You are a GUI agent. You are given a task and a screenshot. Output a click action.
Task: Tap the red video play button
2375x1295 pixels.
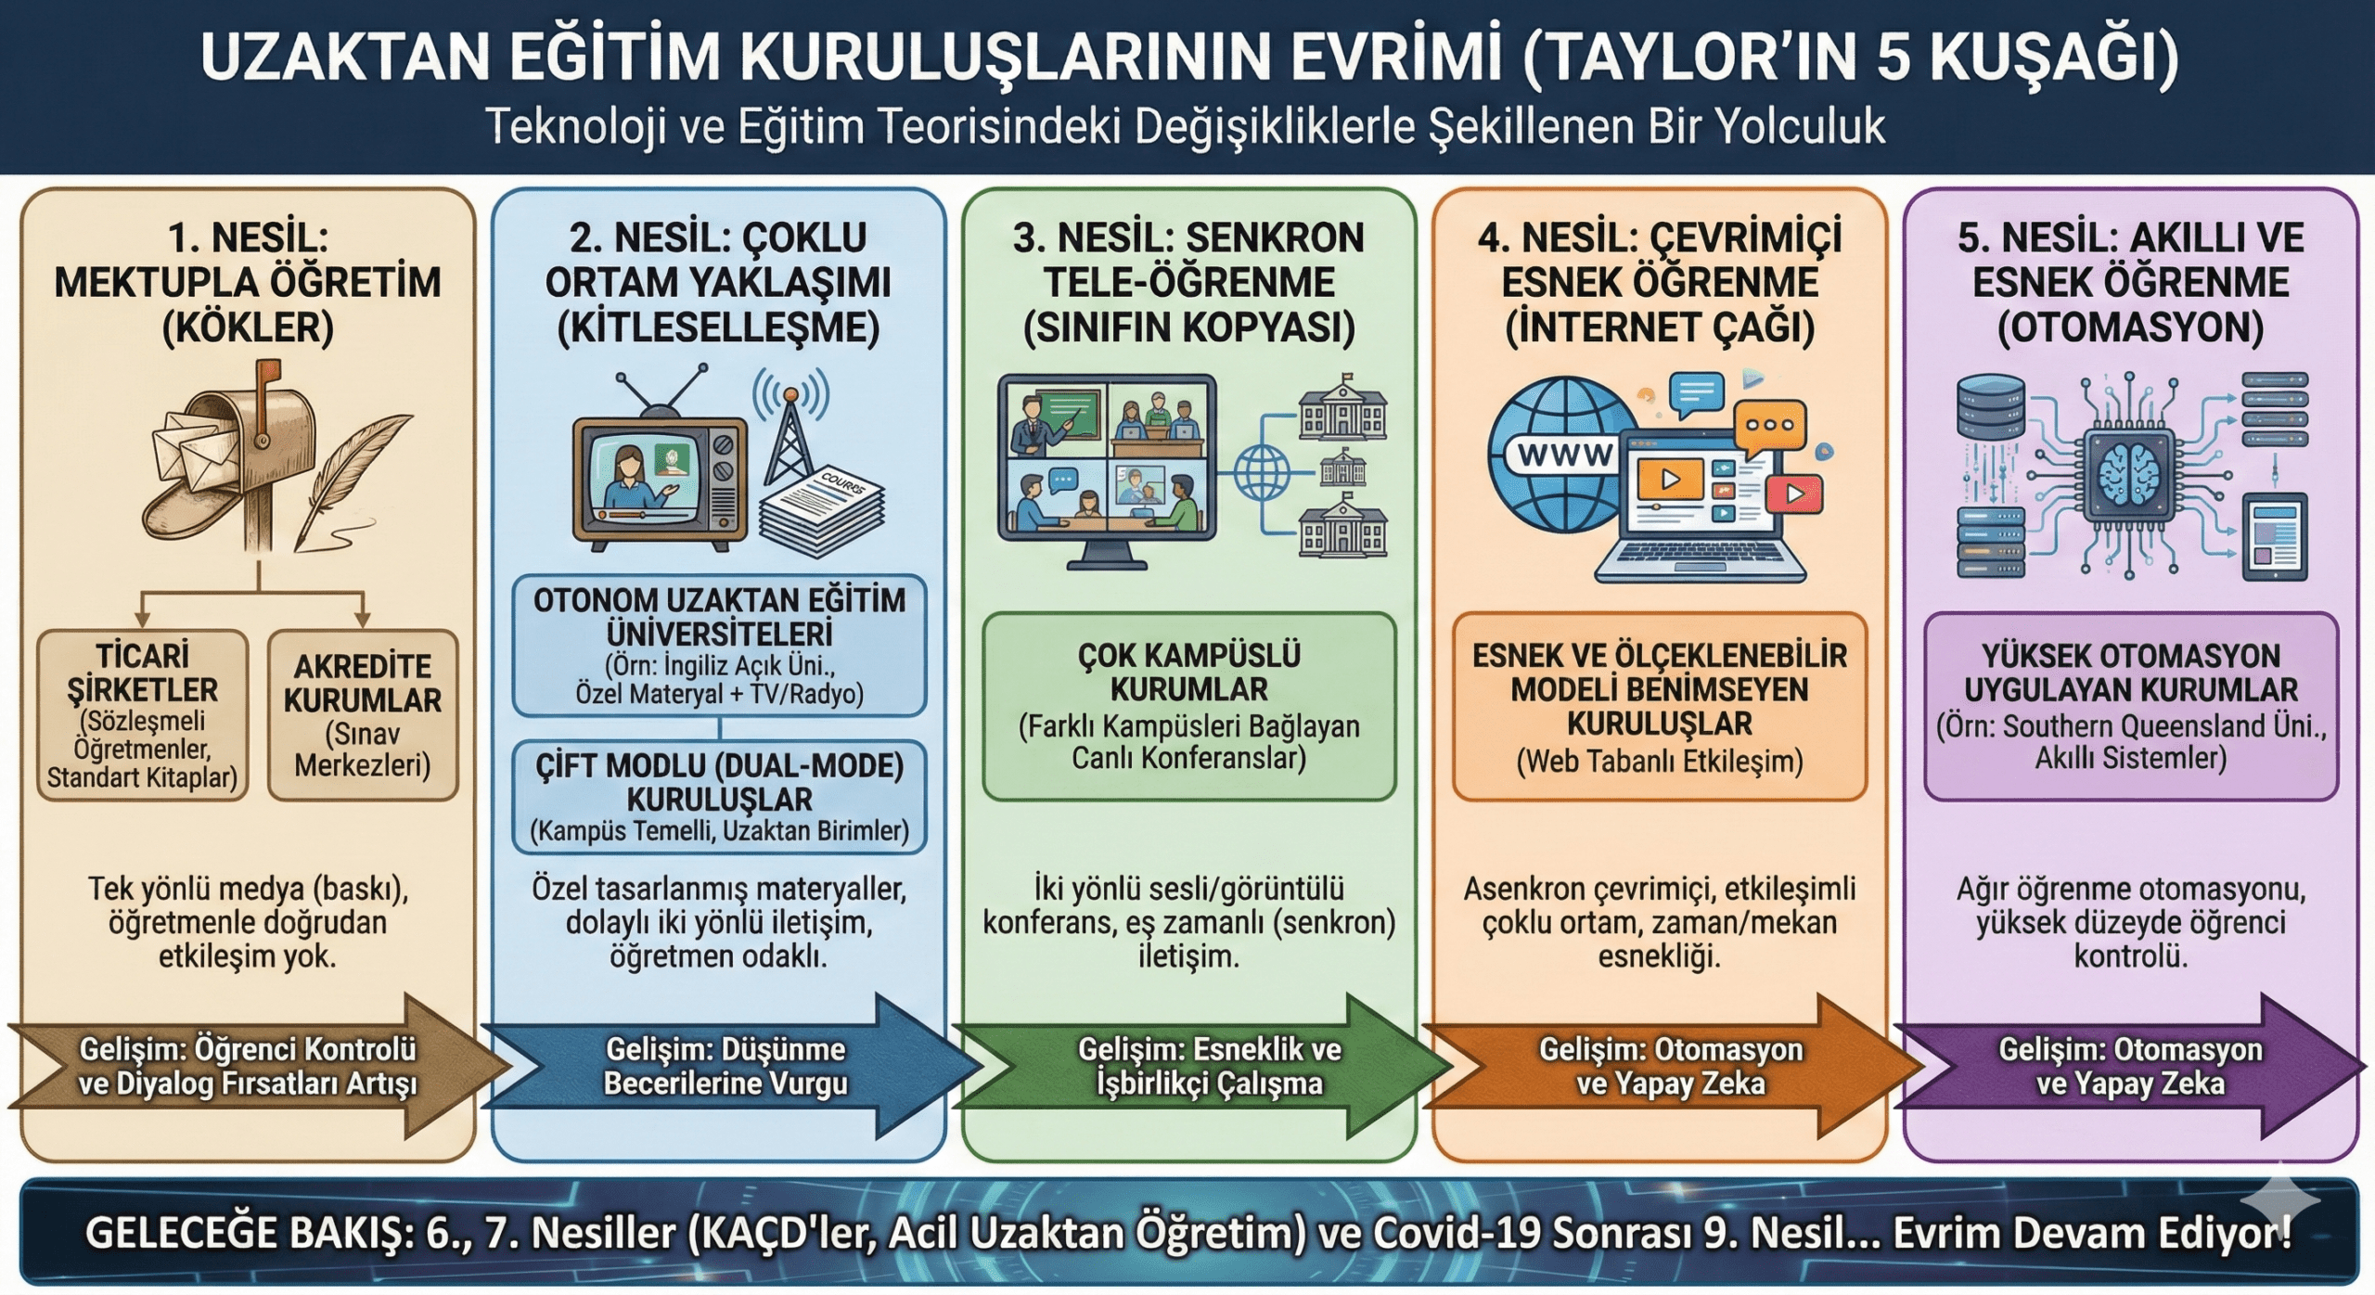tap(1795, 494)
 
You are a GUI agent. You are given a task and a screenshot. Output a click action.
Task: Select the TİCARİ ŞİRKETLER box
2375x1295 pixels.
tap(143, 714)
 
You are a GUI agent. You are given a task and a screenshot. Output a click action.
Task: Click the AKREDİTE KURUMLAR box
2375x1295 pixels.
tap(363, 714)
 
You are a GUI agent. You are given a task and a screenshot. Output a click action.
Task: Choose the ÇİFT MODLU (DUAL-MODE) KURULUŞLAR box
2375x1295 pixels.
tap(719, 797)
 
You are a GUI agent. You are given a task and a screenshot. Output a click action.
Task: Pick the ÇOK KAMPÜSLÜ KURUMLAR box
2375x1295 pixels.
tap(1188, 706)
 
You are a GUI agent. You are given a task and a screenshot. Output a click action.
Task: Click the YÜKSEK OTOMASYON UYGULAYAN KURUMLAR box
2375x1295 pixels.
tap(2130, 706)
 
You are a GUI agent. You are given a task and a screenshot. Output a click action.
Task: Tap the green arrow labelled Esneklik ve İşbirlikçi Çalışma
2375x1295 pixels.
tap(1206, 1067)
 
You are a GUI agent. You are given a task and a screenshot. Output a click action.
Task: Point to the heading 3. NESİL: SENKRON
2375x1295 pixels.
tap(1188, 238)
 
